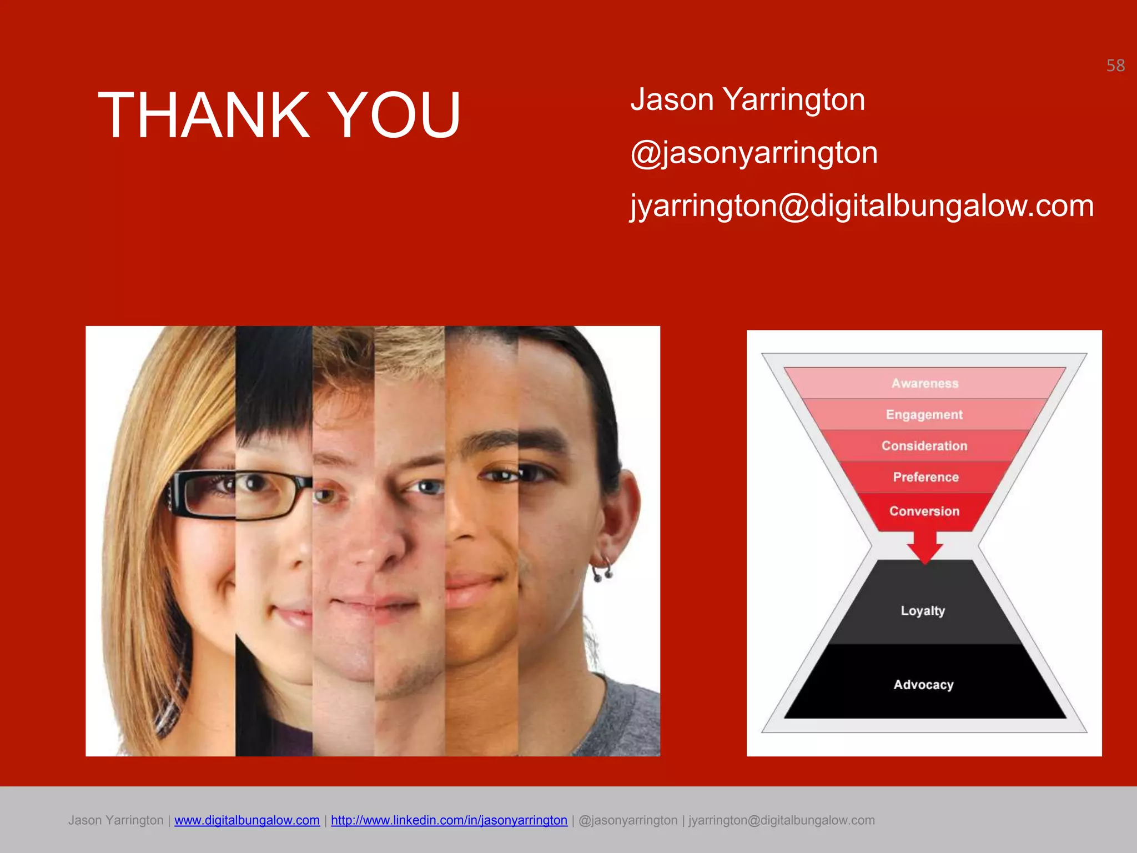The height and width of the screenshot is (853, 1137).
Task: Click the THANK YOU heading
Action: [279, 115]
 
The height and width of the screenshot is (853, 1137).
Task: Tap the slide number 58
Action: [1115, 66]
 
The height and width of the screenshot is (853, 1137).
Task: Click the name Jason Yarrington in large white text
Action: [747, 100]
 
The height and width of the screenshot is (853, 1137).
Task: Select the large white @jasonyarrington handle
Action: [754, 153]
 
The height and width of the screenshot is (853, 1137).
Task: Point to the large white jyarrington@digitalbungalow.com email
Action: [862, 205]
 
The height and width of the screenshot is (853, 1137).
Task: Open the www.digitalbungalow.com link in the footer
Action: [246, 820]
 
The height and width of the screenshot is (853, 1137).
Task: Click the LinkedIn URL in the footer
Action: [449, 820]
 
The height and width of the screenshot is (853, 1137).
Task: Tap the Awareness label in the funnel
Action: [924, 383]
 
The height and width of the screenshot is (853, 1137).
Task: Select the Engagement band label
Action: [924, 415]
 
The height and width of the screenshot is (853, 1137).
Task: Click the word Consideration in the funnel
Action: [924, 446]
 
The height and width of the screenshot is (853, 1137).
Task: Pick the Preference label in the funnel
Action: [925, 477]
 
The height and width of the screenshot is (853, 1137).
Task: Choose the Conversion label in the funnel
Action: [924, 511]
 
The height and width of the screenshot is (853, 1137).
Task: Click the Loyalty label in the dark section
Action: [922, 611]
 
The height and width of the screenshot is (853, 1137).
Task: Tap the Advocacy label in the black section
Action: [923, 685]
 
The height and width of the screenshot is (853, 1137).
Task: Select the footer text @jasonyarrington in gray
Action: [628, 820]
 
